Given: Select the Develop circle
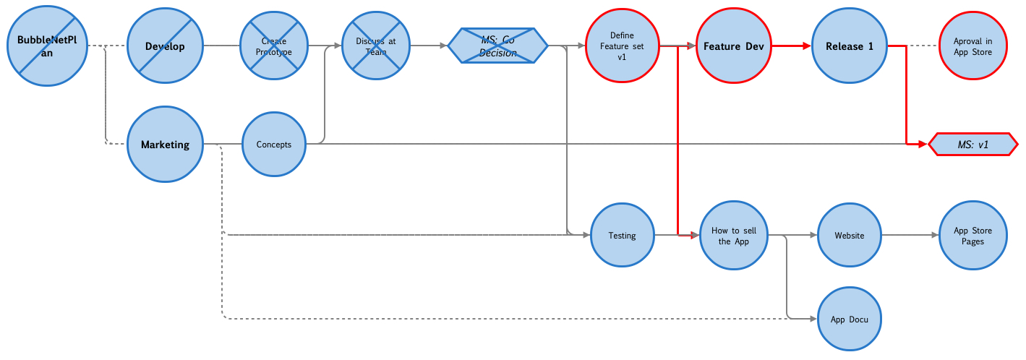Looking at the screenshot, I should coord(165,46).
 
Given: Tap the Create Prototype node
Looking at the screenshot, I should coord(274,46).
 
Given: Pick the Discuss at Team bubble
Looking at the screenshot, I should coord(376,46).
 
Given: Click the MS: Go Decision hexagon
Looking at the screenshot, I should coord(498,46).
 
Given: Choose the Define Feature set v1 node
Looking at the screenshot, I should coord(622,46).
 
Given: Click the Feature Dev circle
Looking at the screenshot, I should coord(733,46).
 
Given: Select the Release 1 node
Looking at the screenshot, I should coord(850,46).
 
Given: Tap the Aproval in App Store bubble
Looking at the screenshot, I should coord(972,46).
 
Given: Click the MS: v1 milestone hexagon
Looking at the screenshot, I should coord(973,145).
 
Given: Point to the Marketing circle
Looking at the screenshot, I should coord(165,145).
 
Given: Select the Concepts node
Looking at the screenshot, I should coord(274,145).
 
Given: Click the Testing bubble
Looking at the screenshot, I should coord(622,236).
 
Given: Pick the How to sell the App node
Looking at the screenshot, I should coord(733,236).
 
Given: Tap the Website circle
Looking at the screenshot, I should coord(850,236).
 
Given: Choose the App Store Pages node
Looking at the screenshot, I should coord(972,236).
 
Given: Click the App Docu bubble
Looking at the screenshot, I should coord(850,319).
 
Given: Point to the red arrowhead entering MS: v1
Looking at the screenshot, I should coord(923,145).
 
